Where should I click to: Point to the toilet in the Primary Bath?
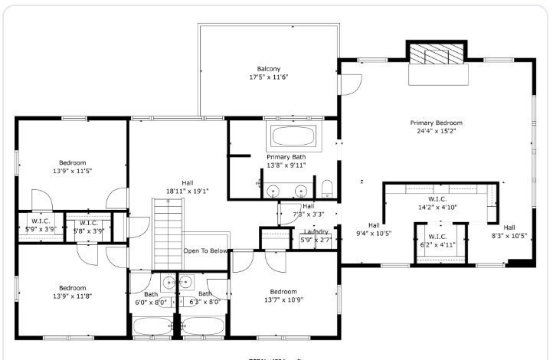(327, 188)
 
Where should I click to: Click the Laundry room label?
(316, 232)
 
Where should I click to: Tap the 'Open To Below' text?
(205, 251)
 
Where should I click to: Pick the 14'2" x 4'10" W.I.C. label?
(437, 203)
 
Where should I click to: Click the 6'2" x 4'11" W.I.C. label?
(437, 241)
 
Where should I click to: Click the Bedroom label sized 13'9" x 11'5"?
(72, 167)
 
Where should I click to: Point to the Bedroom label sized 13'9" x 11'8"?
(72, 292)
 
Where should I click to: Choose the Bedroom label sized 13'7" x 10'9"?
(283, 296)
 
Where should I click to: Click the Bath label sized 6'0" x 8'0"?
(151, 298)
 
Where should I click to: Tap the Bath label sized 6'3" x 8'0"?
(205, 298)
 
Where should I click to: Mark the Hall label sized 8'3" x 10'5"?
(509, 231)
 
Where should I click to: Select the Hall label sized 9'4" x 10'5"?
(374, 229)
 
